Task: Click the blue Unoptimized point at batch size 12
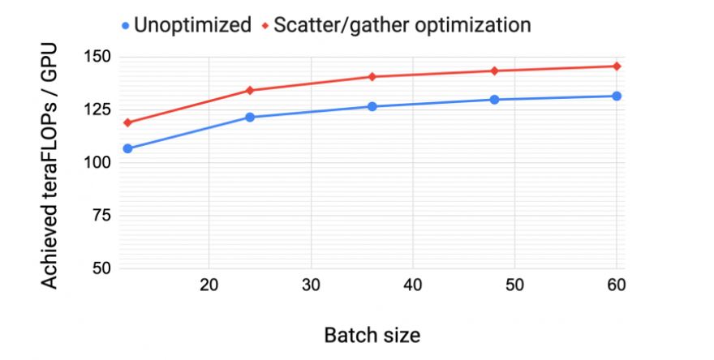(x=127, y=148)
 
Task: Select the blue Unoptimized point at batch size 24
(x=250, y=118)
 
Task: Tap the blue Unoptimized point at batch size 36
(x=372, y=106)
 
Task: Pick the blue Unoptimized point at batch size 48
(x=494, y=100)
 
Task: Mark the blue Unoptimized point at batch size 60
(x=617, y=96)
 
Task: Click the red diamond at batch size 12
(x=127, y=122)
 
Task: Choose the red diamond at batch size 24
(x=250, y=90)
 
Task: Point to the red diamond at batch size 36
(x=372, y=76)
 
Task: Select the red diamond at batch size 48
(x=494, y=71)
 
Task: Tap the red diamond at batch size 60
(x=617, y=66)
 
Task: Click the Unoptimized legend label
(x=192, y=25)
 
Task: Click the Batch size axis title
(x=372, y=334)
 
